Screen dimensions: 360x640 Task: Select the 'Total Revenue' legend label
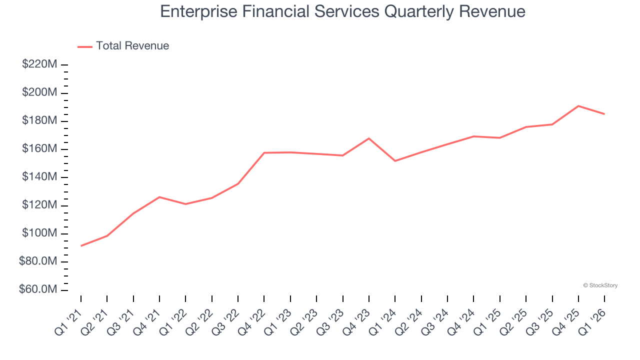click(x=132, y=46)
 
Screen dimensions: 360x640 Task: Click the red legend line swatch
click(x=85, y=46)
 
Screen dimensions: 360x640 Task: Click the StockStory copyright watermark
click(x=600, y=285)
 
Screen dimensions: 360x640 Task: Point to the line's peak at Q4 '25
click(x=578, y=106)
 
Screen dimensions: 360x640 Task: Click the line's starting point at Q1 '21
click(x=81, y=245)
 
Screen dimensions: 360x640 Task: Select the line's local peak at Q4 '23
click(x=369, y=138)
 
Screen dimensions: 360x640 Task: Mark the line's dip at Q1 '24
click(x=395, y=160)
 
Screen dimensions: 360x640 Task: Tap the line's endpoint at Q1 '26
click(x=604, y=114)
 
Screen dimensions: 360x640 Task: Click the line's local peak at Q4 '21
click(x=159, y=197)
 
